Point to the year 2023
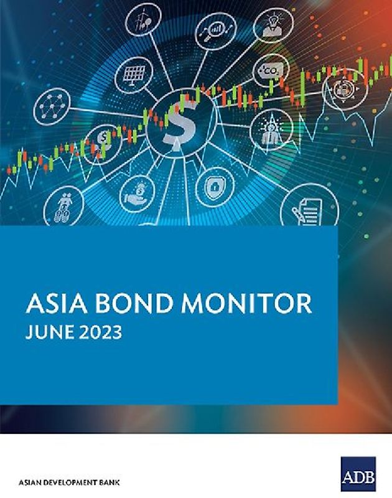pyautogui.click(x=98, y=331)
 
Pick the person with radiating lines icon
pyautogui.click(x=271, y=129)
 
